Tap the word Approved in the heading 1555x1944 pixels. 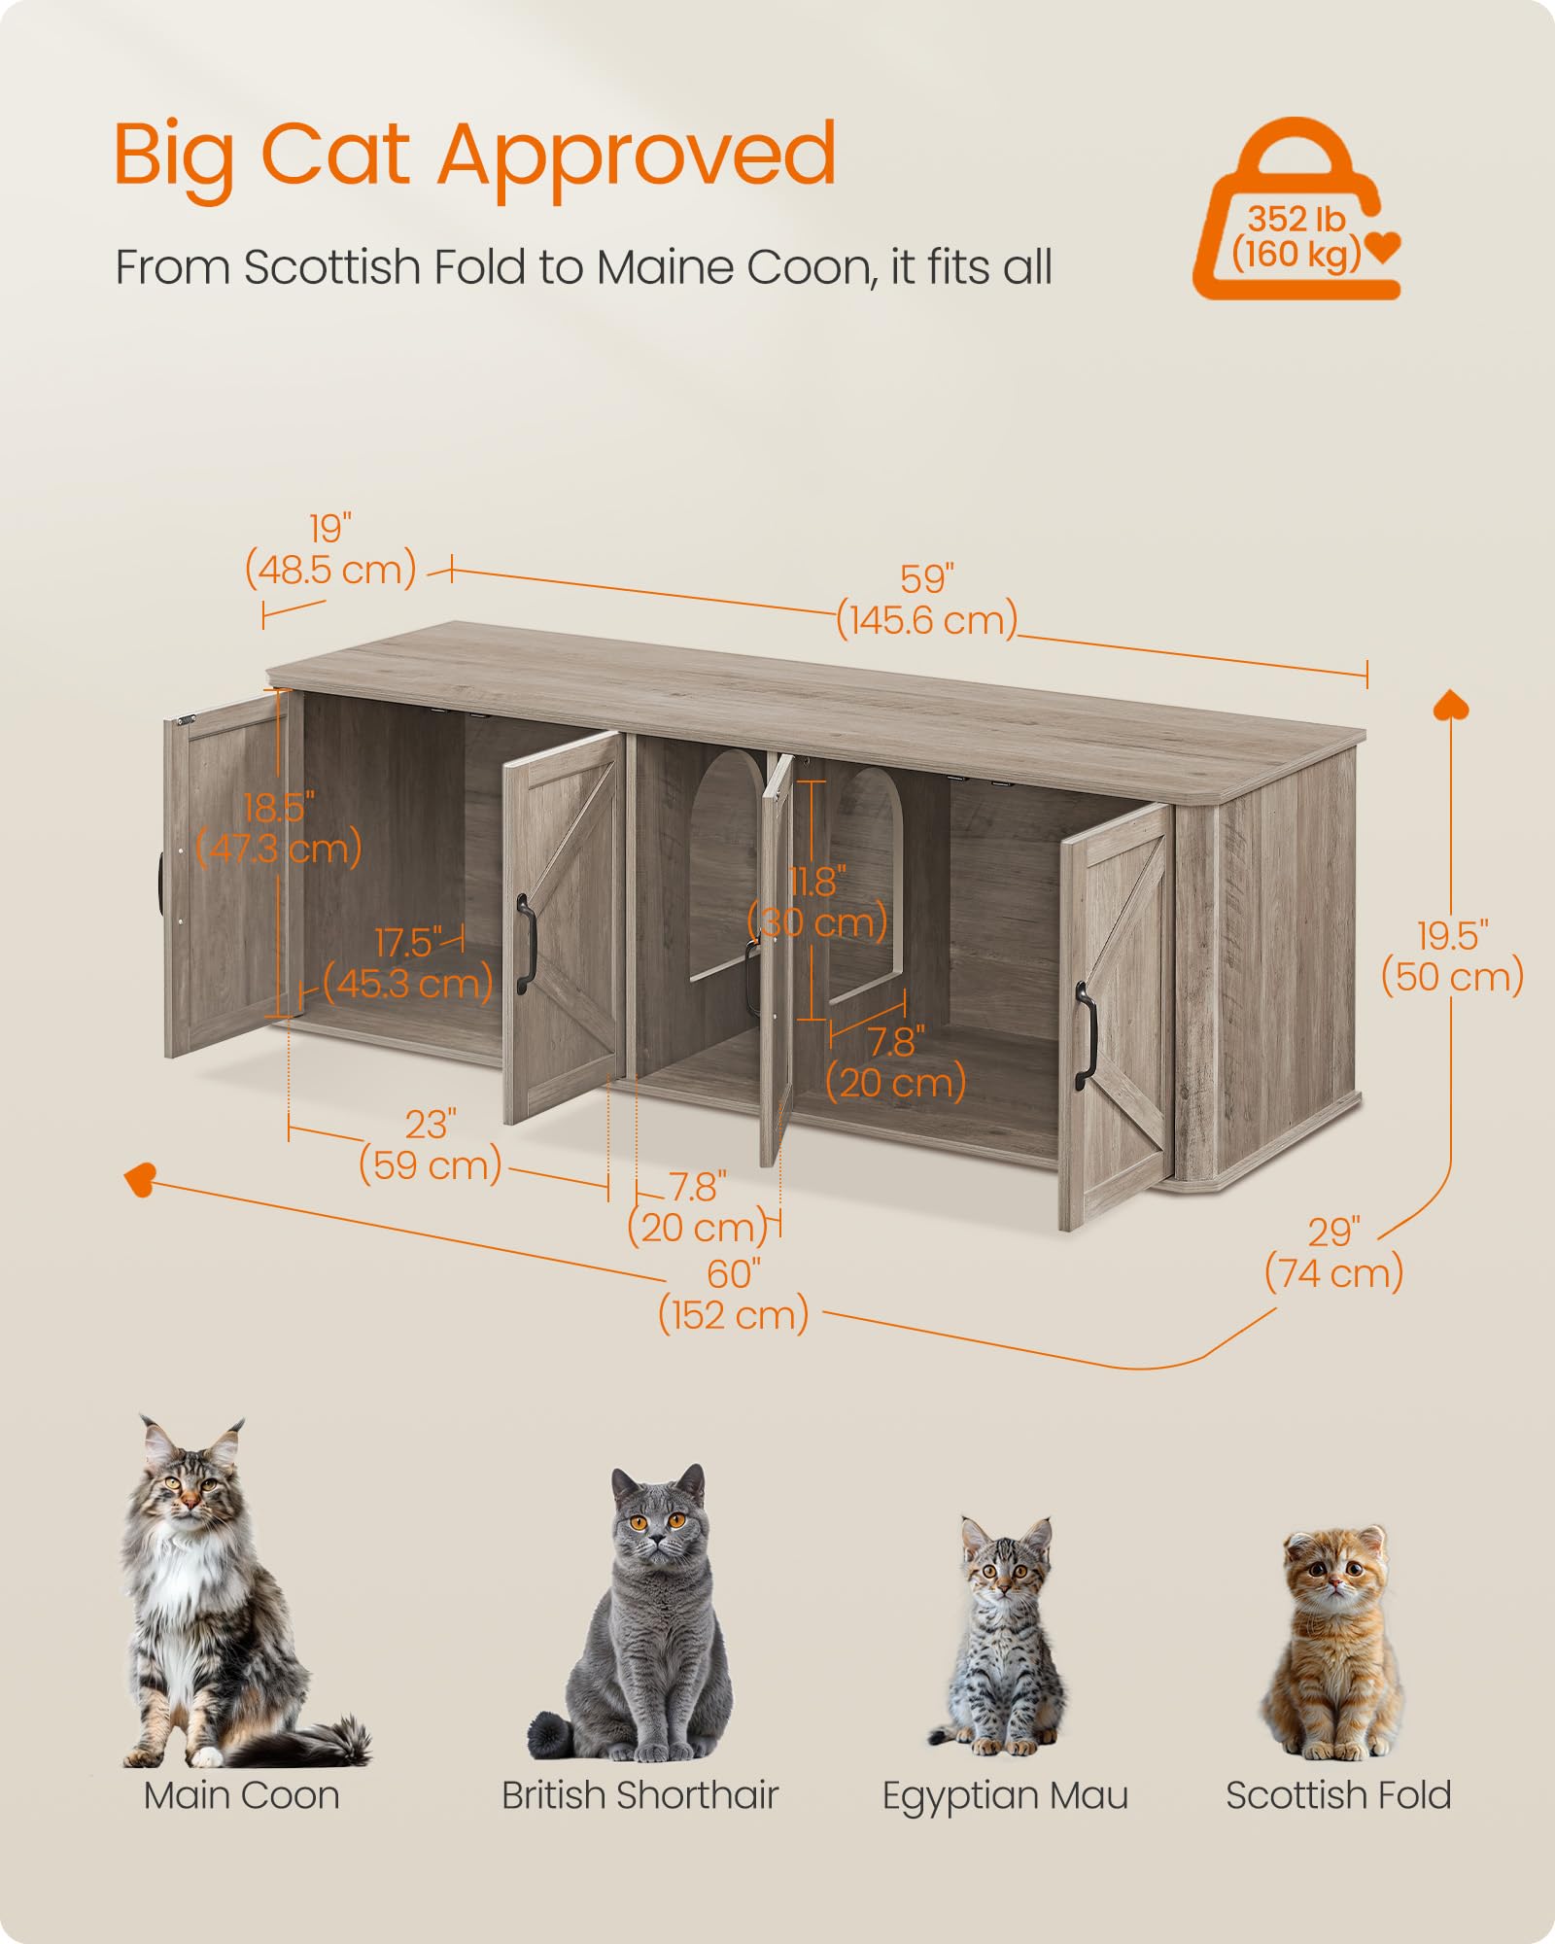[637, 156]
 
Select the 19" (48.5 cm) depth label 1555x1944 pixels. [330, 550]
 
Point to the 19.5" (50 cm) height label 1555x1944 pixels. [1452, 957]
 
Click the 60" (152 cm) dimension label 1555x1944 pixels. [734, 1295]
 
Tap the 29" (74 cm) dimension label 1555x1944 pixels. [1333, 1254]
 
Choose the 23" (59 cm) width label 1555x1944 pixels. [430, 1145]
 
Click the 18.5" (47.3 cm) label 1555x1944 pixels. [279, 828]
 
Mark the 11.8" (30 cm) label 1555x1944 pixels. [817, 902]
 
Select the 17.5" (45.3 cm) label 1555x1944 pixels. [408, 963]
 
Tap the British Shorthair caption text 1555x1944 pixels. [639, 1796]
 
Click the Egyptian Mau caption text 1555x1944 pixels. [1005, 1796]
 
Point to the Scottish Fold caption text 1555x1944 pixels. [1338, 1796]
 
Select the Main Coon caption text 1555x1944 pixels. [241, 1796]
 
